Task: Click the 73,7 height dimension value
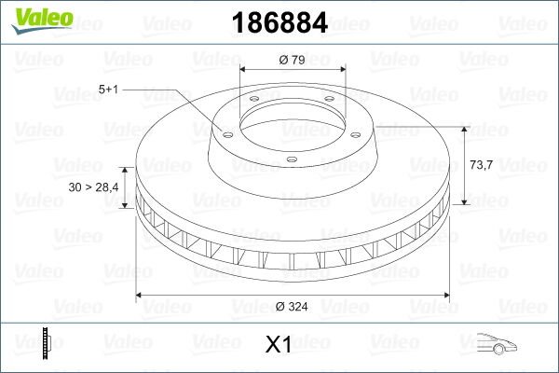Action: tap(481, 164)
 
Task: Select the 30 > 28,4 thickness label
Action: tap(92, 188)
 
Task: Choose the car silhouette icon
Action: tap(496, 344)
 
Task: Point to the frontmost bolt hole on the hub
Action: tap(291, 160)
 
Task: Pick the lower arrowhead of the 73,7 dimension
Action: tap(463, 202)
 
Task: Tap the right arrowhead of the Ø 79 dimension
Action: tap(343, 70)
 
